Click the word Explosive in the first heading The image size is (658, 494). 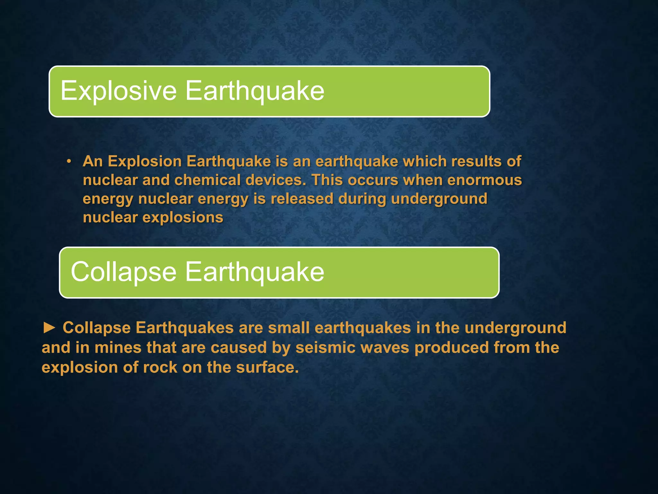click(119, 91)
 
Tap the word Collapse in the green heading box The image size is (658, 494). click(124, 272)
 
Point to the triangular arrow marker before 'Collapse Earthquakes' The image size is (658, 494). click(49, 328)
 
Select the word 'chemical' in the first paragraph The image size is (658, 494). click(208, 180)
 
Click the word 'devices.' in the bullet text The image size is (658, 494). click(276, 180)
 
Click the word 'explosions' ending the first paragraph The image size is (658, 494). click(183, 217)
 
